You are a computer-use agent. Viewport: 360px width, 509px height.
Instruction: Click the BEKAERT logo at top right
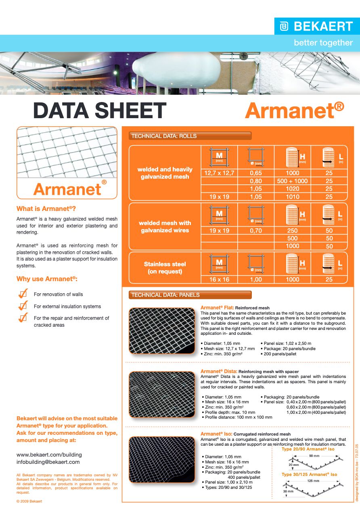point(316,27)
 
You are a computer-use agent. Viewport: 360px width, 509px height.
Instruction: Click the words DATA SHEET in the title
point(100,111)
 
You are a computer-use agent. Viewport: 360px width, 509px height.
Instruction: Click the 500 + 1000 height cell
point(292,181)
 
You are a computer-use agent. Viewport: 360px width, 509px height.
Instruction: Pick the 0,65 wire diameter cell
point(255,173)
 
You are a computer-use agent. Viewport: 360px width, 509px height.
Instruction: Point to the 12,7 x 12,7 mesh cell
point(220,173)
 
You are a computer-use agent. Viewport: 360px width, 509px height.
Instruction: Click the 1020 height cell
point(292,189)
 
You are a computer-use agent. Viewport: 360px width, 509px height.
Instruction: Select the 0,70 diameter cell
point(255,231)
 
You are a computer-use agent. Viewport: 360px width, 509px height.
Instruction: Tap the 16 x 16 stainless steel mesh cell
point(220,279)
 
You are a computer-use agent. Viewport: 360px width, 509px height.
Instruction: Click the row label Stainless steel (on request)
point(165,268)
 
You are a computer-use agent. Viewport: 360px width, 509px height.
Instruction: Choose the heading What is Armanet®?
point(46,209)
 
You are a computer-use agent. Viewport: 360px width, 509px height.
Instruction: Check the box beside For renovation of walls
point(23,294)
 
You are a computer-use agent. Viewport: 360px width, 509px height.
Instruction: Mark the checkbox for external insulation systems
point(23,306)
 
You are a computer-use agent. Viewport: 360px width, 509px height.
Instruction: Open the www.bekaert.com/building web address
point(49,454)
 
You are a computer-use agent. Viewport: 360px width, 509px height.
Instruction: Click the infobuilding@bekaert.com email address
point(48,462)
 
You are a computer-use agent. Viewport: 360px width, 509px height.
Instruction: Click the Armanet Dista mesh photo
point(162,394)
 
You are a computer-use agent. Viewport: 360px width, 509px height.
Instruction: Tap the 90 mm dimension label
point(314,455)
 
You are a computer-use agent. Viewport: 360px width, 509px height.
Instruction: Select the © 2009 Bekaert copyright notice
point(29,501)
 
